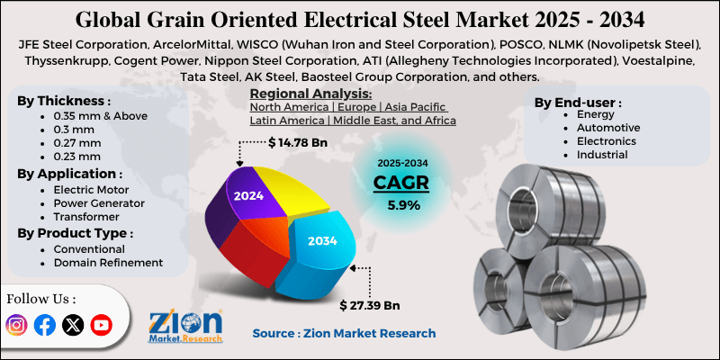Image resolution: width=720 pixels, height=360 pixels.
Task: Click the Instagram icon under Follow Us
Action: click(x=16, y=326)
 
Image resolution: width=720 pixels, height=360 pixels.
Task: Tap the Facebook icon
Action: click(x=44, y=326)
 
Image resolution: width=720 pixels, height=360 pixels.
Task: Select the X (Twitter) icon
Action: click(x=73, y=326)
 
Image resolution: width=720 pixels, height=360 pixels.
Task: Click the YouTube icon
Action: click(x=101, y=326)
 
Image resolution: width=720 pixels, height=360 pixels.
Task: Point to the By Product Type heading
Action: click(x=75, y=233)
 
